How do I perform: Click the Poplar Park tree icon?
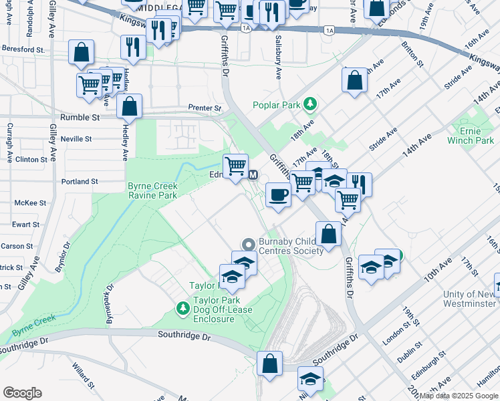tap(309, 104)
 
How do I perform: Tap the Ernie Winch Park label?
tap(475, 136)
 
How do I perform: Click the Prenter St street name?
tap(204, 108)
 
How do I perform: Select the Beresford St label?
tap(23, 49)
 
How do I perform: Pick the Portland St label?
tap(80, 181)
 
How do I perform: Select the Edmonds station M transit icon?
tap(253, 175)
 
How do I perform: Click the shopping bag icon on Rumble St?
tap(129, 106)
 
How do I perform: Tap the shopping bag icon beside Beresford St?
tap(81, 51)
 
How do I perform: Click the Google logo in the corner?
tap(22, 393)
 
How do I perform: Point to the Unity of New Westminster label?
tap(471, 299)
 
